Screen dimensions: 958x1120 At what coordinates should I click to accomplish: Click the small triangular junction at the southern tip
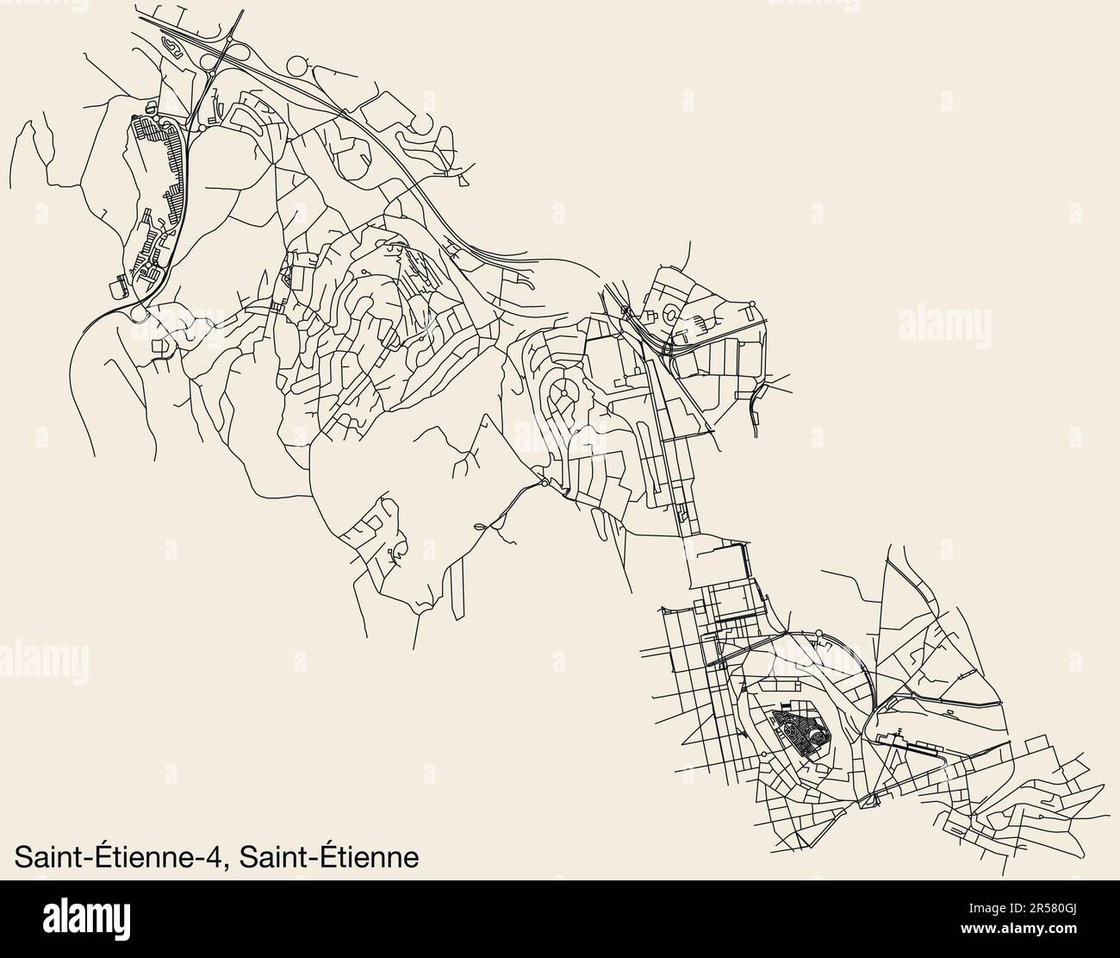click(868, 801)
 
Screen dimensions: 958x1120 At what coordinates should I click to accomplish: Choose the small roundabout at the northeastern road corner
click(752, 304)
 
